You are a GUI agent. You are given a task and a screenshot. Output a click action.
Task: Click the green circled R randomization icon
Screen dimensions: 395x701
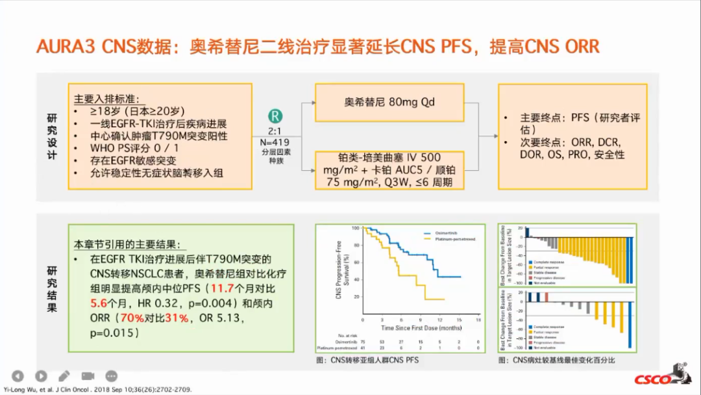276,117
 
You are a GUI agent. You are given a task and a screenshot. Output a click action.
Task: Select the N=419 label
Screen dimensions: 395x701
276,142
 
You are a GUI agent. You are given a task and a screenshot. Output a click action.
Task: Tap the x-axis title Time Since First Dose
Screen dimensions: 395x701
421,329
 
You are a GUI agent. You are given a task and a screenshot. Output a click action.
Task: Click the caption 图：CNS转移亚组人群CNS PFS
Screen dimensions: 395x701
367,359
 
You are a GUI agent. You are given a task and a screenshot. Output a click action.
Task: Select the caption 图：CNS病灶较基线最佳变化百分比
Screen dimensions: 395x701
556,359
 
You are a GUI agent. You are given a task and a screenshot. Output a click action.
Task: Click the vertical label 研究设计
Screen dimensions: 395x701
52,136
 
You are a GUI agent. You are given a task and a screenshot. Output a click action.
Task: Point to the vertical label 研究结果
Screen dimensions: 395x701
52,288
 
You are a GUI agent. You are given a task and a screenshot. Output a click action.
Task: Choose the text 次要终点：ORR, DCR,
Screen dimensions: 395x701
570,142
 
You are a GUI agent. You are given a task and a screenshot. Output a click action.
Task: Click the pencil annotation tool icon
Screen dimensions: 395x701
64,376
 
